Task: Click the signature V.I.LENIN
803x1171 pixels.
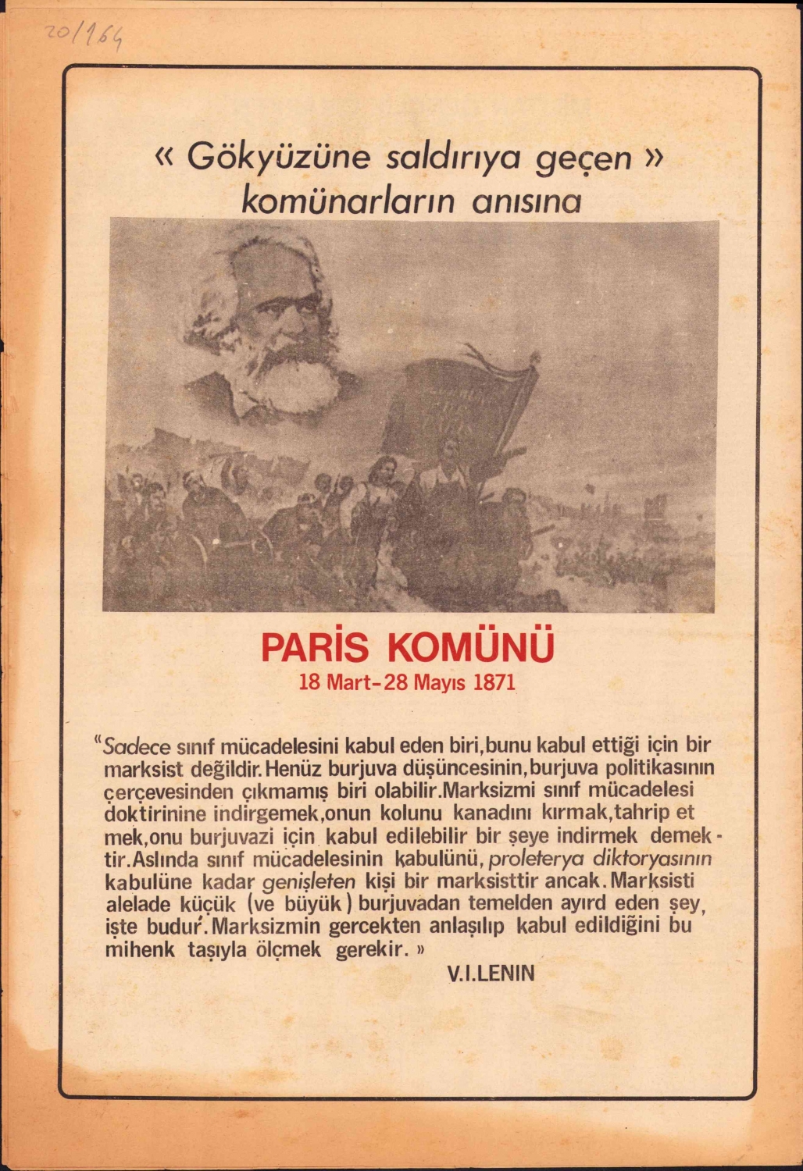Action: point(491,973)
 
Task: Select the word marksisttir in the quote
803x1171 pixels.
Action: point(487,882)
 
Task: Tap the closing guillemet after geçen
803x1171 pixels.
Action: point(652,157)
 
